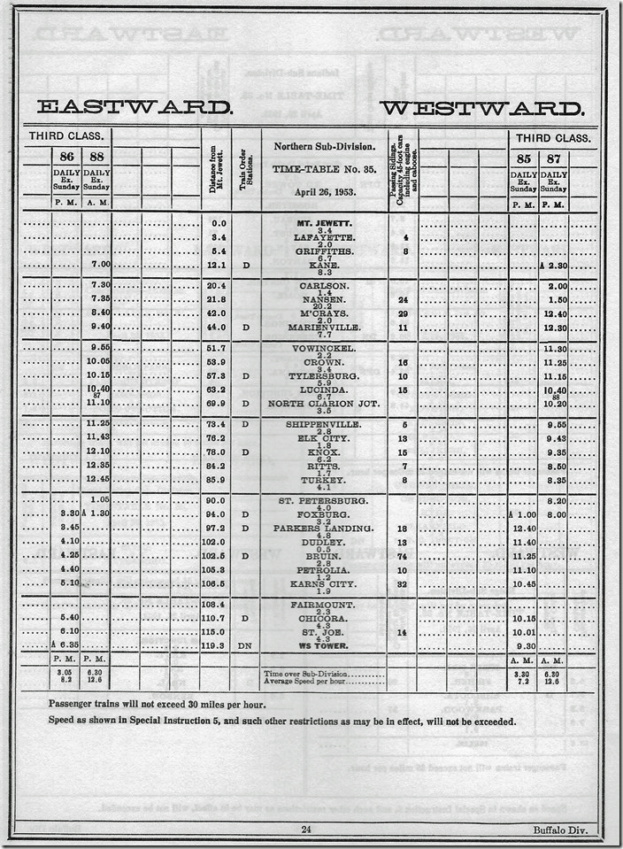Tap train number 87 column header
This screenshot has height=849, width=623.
click(x=552, y=160)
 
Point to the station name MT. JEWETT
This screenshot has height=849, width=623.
click(x=325, y=223)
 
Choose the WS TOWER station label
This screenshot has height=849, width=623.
click(x=325, y=645)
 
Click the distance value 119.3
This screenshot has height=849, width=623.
click(x=215, y=645)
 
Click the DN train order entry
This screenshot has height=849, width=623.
click(x=246, y=645)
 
